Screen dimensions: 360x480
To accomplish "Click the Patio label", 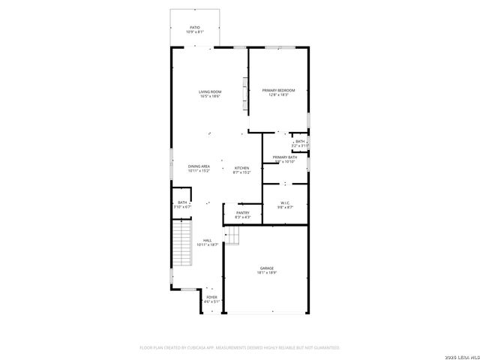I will (194, 28).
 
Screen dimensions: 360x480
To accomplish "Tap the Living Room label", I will (210, 91).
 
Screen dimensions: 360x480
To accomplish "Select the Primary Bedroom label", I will (278, 91).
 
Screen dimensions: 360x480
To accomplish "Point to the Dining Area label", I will (199, 166).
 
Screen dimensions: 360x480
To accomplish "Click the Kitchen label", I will (241, 167).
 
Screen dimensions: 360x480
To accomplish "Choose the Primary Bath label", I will (285, 157).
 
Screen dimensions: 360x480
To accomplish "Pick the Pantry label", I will (242, 213).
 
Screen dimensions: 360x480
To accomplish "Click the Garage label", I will (267, 268).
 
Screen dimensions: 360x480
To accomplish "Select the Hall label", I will (207, 240).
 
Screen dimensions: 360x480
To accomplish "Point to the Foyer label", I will (212, 297).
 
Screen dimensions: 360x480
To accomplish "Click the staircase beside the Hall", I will (183, 244).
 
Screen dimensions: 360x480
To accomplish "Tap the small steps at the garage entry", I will (233, 236).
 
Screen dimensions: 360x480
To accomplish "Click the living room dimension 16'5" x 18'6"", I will (210, 96).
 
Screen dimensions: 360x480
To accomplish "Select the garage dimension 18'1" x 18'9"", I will (267, 273).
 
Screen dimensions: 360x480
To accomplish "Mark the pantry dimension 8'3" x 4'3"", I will (242, 217).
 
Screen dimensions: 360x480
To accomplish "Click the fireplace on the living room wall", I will (244, 96).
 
